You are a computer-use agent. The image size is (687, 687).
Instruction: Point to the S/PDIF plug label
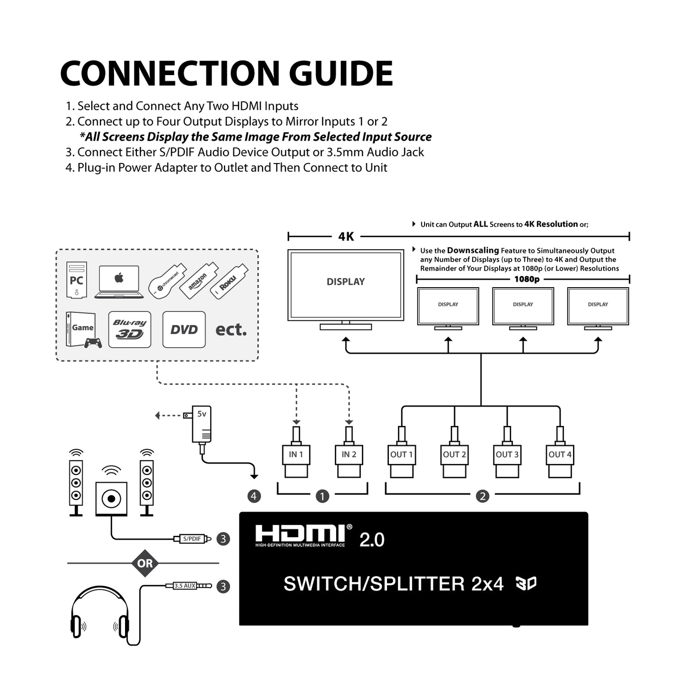[192, 539]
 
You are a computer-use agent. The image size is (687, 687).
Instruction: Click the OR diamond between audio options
[145, 563]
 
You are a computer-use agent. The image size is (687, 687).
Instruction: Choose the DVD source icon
[184, 329]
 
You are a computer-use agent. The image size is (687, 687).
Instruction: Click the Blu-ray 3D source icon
[130, 329]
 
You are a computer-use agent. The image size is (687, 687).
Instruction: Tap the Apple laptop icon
[119, 282]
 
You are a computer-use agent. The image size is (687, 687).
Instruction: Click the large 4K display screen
[346, 285]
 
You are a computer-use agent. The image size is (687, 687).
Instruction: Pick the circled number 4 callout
[254, 496]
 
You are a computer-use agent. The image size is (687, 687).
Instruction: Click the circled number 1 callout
[322, 496]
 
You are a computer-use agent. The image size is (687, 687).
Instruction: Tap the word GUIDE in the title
[341, 74]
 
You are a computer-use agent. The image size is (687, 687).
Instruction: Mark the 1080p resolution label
[527, 279]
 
